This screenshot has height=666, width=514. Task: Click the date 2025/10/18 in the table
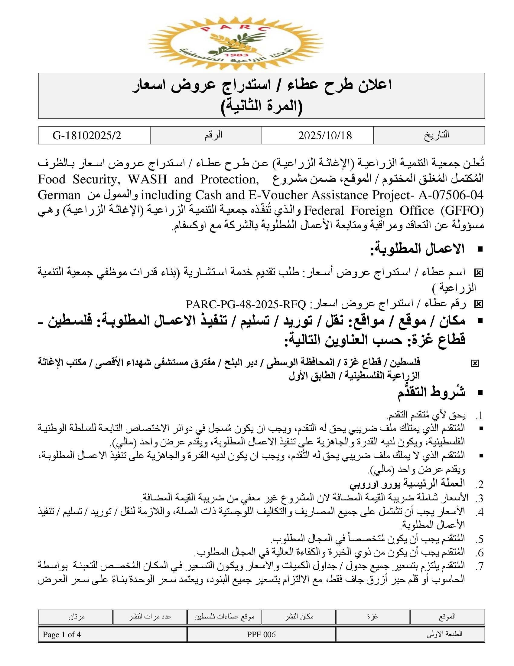coord(325,135)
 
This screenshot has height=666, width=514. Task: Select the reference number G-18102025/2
coord(87,135)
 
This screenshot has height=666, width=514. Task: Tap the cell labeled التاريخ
coord(437,135)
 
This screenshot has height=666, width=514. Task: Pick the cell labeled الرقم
coord(213,135)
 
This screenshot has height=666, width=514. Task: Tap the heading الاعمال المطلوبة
coord(417,249)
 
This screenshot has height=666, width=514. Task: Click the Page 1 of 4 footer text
coord(62,635)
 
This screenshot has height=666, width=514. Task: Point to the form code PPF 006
coord(261,635)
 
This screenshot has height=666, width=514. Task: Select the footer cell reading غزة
coord(372,617)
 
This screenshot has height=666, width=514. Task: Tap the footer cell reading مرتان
coord(76,617)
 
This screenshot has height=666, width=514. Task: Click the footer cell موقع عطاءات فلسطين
coord(224,617)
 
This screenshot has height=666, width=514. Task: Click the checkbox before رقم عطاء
coord(478,304)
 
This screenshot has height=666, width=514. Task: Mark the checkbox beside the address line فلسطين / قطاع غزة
coord(475,363)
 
